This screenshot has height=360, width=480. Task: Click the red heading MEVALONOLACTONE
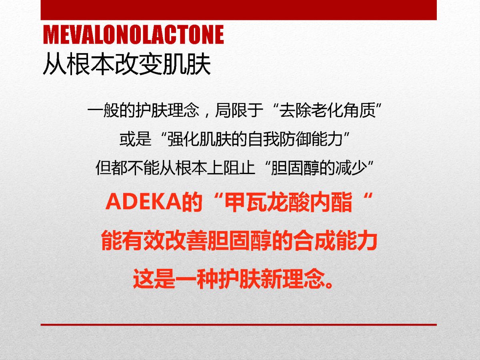click(133, 34)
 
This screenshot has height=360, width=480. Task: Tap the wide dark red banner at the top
click(238, 10)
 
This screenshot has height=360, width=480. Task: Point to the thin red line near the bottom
click(238, 325)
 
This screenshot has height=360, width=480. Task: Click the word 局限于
click(239, 110)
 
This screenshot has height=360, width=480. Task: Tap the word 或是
click(135, 139)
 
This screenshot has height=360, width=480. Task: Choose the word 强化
click(183, 139)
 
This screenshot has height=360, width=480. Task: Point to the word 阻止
click(239, 168)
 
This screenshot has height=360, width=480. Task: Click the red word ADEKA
click(144, 202)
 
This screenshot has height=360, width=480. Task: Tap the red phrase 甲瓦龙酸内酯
click(288, 202)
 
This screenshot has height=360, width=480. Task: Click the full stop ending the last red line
click(329, 284)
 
